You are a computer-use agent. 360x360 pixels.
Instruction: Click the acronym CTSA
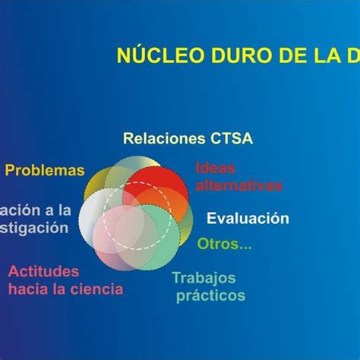(x=231, y=139)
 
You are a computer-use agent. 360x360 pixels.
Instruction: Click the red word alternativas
(x=238, y=185)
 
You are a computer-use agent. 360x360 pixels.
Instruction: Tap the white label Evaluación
(x=248, y=219)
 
